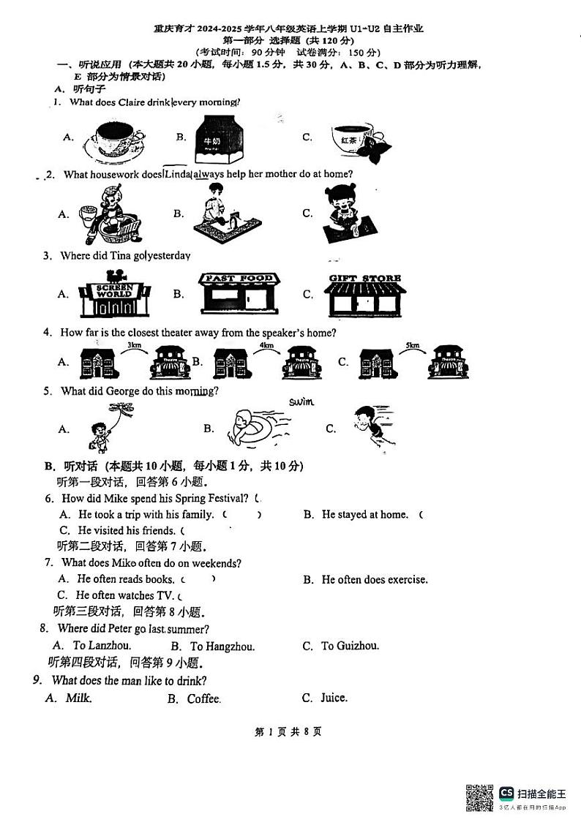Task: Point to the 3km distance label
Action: pos(134,344)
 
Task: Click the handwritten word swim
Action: pos(301,401)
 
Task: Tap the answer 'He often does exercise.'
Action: pos(374,579)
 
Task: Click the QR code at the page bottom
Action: pos(479,797)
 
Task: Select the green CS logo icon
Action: pos(506,793)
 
